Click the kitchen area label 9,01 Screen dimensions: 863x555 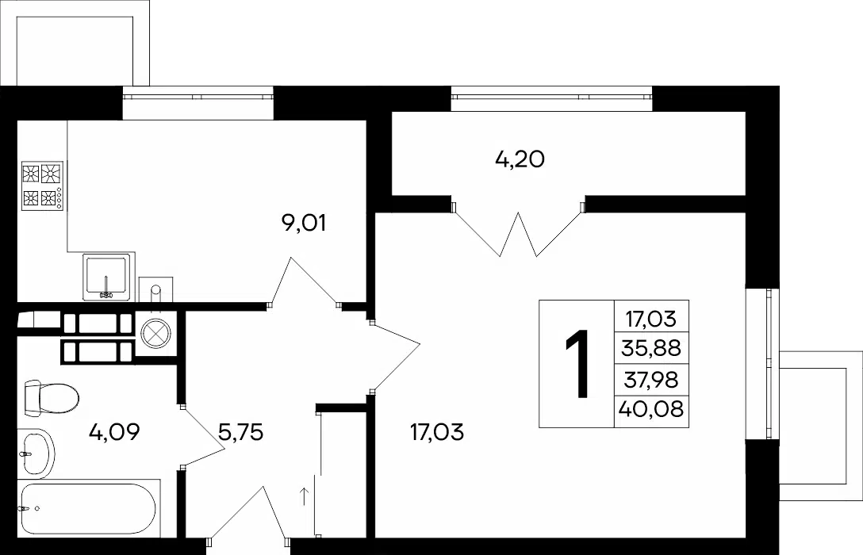point(304,224)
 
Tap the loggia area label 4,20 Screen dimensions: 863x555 point(520,159)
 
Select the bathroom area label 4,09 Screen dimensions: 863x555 point(114,432)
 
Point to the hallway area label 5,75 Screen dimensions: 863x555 point(240,432)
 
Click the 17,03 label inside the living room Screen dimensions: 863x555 point(437,432)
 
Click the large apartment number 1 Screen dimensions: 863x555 point(577,363)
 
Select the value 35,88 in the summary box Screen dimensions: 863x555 point(651,347)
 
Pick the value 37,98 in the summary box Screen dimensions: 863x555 point(651,379)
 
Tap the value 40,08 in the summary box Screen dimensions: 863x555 point(651,408)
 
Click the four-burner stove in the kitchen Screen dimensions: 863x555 point(42,186)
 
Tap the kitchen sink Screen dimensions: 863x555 point(107,277)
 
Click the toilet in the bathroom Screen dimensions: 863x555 point(51,396)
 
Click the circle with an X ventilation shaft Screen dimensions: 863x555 point(155,333)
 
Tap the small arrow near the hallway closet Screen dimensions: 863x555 point(303,496)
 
